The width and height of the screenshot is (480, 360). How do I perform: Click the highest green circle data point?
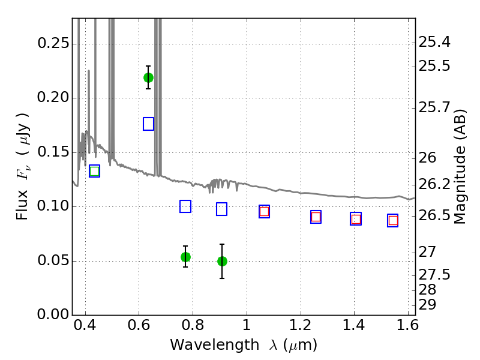(148, 78)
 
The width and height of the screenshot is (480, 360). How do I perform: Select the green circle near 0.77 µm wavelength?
(185, 257)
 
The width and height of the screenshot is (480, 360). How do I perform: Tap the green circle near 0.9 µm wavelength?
(222, 262)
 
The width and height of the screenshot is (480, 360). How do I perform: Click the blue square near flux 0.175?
(148, 124)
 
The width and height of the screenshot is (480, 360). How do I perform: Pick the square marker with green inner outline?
(95, 171)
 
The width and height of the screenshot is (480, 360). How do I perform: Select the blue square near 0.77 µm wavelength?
(185, 206)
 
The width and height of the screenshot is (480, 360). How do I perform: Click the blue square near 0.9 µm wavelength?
(221, 209)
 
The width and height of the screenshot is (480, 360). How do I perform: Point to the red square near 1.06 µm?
(264, 212)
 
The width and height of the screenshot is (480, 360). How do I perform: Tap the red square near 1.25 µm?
(316, 217)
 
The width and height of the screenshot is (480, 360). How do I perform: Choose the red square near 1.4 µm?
(356, 220)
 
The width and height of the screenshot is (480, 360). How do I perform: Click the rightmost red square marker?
(393, 221)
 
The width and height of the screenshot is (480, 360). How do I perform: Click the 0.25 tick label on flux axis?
(53, 43)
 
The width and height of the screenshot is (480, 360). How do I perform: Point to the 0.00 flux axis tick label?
(53, 314)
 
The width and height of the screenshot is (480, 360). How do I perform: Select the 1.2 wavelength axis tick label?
(301, 325)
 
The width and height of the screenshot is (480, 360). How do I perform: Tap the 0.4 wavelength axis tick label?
(85, 325)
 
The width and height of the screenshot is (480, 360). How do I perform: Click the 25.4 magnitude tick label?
(434, 42)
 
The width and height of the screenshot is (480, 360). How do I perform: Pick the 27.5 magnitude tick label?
(434, 275)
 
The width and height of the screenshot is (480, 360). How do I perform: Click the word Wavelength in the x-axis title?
(215, 346)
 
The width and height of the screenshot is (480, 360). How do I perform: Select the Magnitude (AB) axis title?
(459, 167)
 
